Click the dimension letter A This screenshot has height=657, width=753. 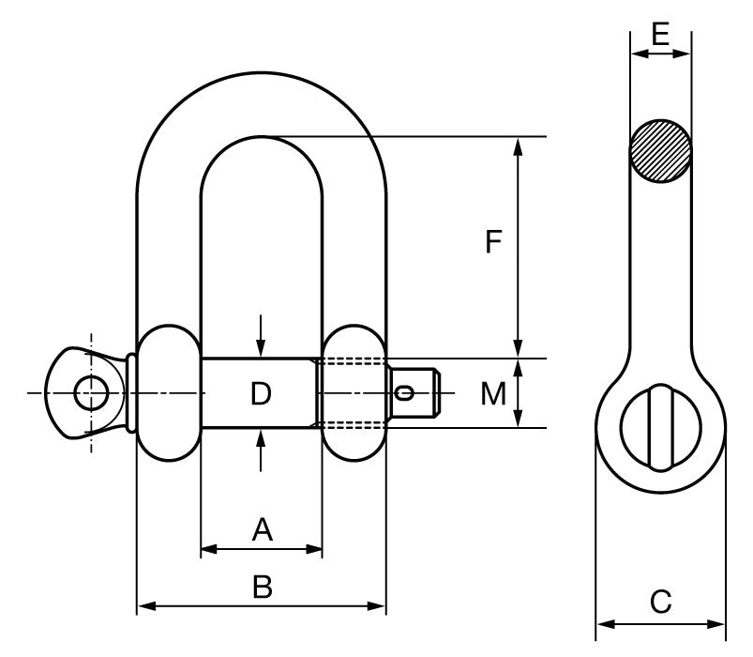tap(262, 530)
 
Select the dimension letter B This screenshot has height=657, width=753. tap(263, 588)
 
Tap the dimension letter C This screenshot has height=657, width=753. tap(661, 602)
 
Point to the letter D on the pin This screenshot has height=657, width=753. tap(261, 394)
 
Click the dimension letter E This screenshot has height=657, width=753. tap(660, 37)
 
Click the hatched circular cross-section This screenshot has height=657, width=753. tap(661, 151)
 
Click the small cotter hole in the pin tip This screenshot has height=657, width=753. tap(405, 392)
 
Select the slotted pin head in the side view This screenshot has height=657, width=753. tap(660, 426)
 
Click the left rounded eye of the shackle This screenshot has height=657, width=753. tap(169, 392)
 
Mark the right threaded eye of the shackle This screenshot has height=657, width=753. tap(354, 392)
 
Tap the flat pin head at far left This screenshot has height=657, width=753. tap(89, 392)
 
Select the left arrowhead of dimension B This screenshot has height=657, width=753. tap(143, 608)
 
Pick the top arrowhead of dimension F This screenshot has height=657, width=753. tap(518, 144)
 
